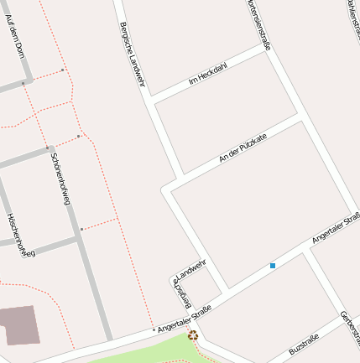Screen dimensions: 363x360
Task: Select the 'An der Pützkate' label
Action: pos(243,148)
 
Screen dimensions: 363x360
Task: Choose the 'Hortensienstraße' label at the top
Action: pos(259,23)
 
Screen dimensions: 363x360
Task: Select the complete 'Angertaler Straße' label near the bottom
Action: pos(185,319)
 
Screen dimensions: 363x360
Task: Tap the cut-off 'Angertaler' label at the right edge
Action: pos(335,229)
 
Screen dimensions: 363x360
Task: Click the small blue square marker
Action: pos(273,266)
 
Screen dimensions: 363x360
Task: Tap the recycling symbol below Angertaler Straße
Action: pos(193,336)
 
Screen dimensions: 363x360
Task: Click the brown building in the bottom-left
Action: pos(18,325)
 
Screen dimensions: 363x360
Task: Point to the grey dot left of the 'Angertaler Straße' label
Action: pos(154,330)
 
